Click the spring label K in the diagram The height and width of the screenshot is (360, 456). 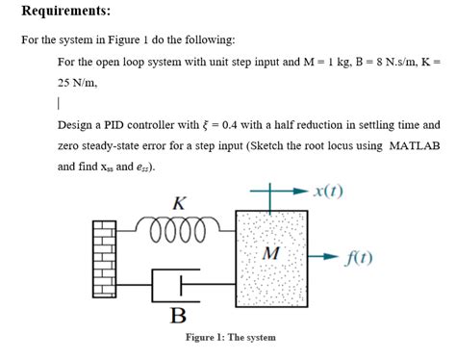178,204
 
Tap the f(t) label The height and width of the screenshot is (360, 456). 362,257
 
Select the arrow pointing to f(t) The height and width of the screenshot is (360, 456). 326,258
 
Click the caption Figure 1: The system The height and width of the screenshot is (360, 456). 231,338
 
